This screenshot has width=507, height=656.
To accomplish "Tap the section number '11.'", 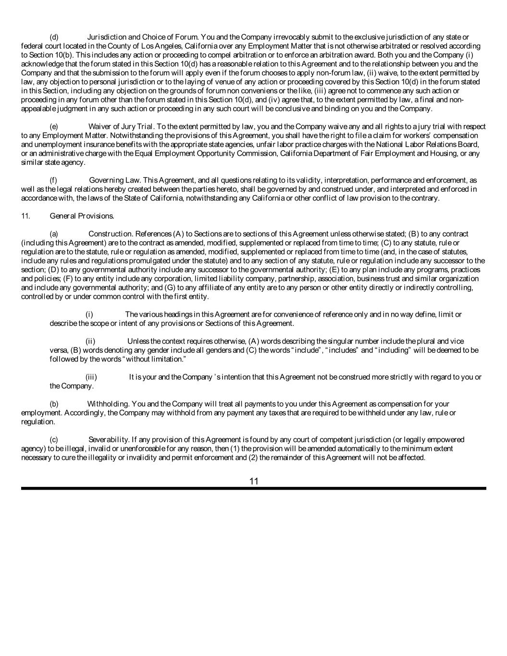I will click(x=25, y=216).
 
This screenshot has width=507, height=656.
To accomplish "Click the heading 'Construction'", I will click(x=110, y=234).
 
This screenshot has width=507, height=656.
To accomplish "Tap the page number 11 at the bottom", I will click(x=254, y=481).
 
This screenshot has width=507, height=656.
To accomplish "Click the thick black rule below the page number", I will click(x=254, y=488).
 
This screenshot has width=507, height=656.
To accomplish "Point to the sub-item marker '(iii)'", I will click(x=91, y=377).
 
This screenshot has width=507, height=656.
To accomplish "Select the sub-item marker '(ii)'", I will click(x=90, y=341).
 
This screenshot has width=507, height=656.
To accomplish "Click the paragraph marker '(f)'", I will click(x=54, y=180).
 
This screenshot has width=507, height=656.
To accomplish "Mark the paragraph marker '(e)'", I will click(x=54, y=126).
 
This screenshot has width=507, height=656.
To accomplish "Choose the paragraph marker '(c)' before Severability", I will click(x=54, y=440).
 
